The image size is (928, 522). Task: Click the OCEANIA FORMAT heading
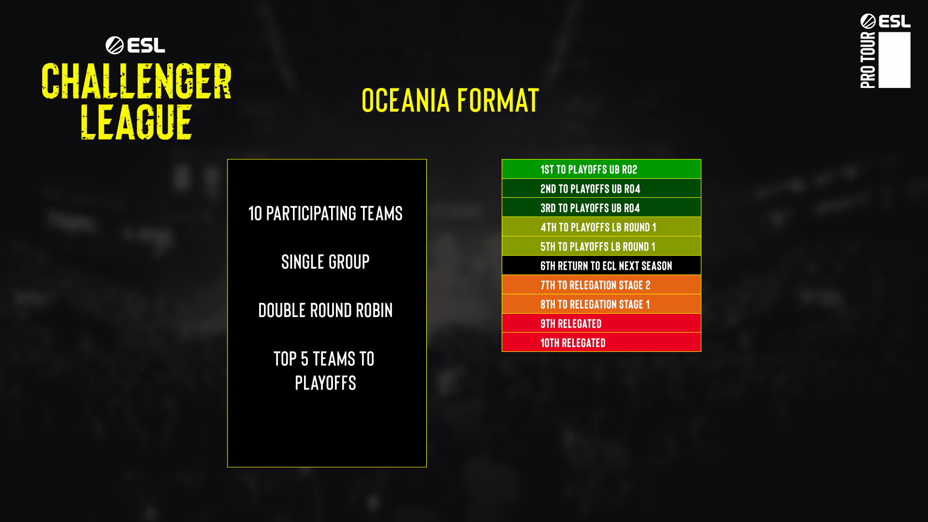click(450, 101)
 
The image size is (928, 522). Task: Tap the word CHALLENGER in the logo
click(136, 81)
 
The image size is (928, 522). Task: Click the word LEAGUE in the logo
click(136, 122)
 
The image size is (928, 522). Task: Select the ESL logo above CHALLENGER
click(135, 45)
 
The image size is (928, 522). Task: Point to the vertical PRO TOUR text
click(868, 60)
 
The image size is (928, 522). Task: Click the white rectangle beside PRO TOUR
click(895, 60)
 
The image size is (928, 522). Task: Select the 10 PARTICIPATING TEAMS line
click(325, 214)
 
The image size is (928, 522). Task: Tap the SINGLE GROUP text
click(325, 262)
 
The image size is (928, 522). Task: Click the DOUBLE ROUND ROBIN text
click(325, 310)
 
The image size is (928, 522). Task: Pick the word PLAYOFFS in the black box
click(325, 383)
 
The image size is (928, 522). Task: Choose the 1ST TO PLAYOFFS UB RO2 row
click(601, 169)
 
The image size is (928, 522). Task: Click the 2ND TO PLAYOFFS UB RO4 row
click(601, 188)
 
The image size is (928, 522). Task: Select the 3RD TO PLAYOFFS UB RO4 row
click(601, 207)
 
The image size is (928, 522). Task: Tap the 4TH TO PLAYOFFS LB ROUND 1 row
click(601, 227)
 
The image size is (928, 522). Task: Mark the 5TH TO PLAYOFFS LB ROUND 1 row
click(601, 246)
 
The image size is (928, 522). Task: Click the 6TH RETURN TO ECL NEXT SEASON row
click(601, 265)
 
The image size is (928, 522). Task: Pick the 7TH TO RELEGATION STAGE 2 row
click(601, 285)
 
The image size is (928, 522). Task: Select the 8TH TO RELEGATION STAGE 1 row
click(601, 304)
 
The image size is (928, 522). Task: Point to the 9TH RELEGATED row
click(601, 323)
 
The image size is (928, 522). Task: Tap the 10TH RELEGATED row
click(601, 342)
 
